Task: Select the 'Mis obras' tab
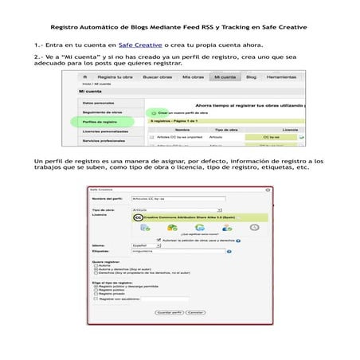click(193, 76)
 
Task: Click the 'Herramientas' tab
click(283, 76)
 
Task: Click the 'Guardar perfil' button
click(170, 313)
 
